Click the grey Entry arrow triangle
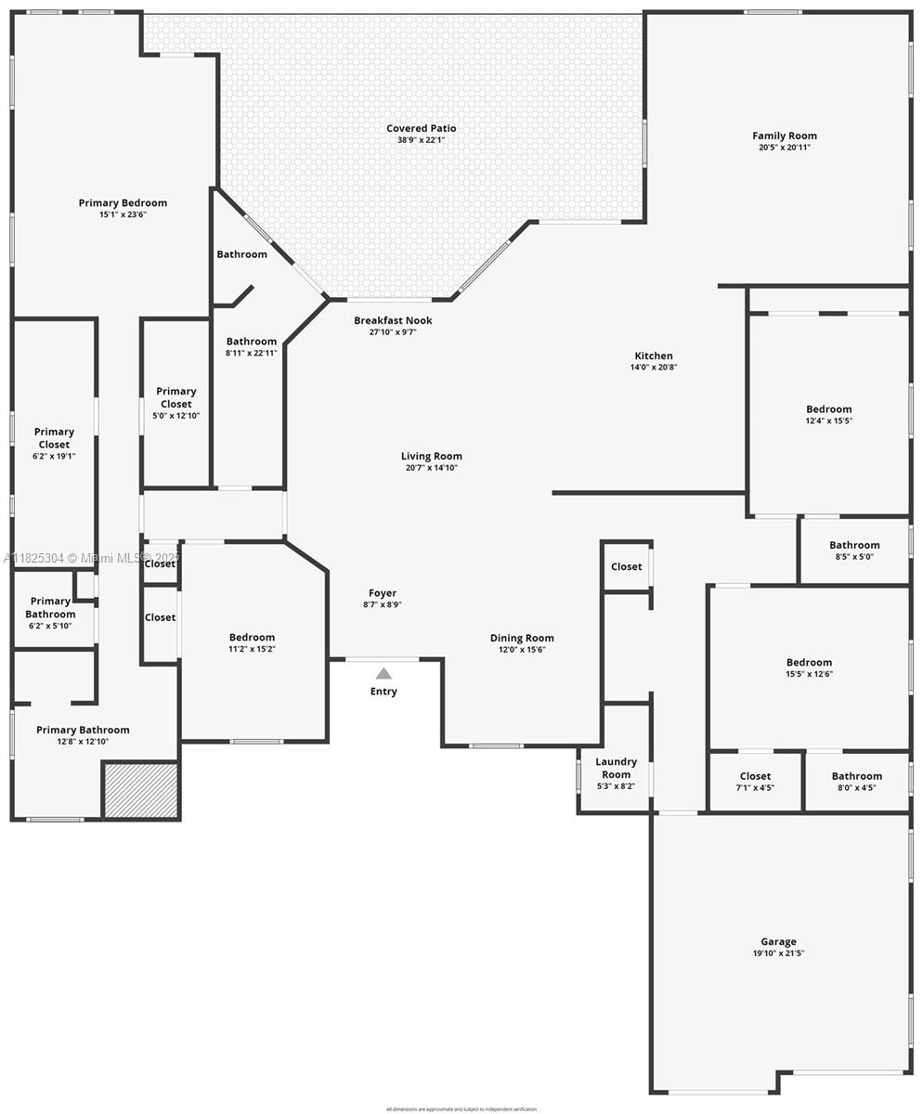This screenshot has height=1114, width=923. pos(383,673)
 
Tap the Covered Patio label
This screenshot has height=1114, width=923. pos(421,129)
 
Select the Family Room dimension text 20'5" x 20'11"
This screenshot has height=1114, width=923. pos(785,148)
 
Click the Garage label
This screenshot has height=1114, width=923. pos(778,941)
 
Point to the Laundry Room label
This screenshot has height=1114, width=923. pos(616,768)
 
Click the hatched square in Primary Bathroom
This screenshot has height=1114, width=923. pos(140,790)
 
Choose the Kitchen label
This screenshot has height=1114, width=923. pos(654,356)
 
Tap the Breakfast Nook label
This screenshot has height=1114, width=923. pos(393,320)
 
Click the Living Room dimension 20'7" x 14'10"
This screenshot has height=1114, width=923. pos(432,468)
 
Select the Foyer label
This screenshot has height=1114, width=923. pos(383,593)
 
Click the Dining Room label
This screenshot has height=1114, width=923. pos(522,638)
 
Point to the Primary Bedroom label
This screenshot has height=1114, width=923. pos(123,202)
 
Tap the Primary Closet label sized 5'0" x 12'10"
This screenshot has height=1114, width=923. pos(176,397)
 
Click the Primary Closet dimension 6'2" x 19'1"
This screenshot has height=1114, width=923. pos(54,456)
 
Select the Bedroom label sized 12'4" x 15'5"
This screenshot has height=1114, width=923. pos(828,408)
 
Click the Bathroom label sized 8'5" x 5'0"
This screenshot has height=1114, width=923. pos(854,545)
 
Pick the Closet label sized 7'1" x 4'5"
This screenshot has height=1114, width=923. pos(755,776)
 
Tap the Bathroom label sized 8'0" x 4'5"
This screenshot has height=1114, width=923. pos(856,776)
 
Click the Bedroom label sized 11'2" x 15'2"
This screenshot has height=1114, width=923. pos(253,637)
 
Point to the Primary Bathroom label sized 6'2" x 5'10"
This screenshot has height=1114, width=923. pos(50,607)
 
